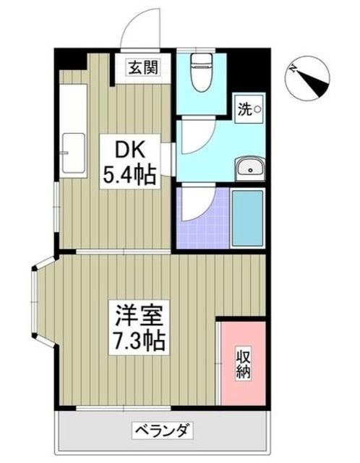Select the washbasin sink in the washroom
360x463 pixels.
pyautogui.click(x=249, y=169)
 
